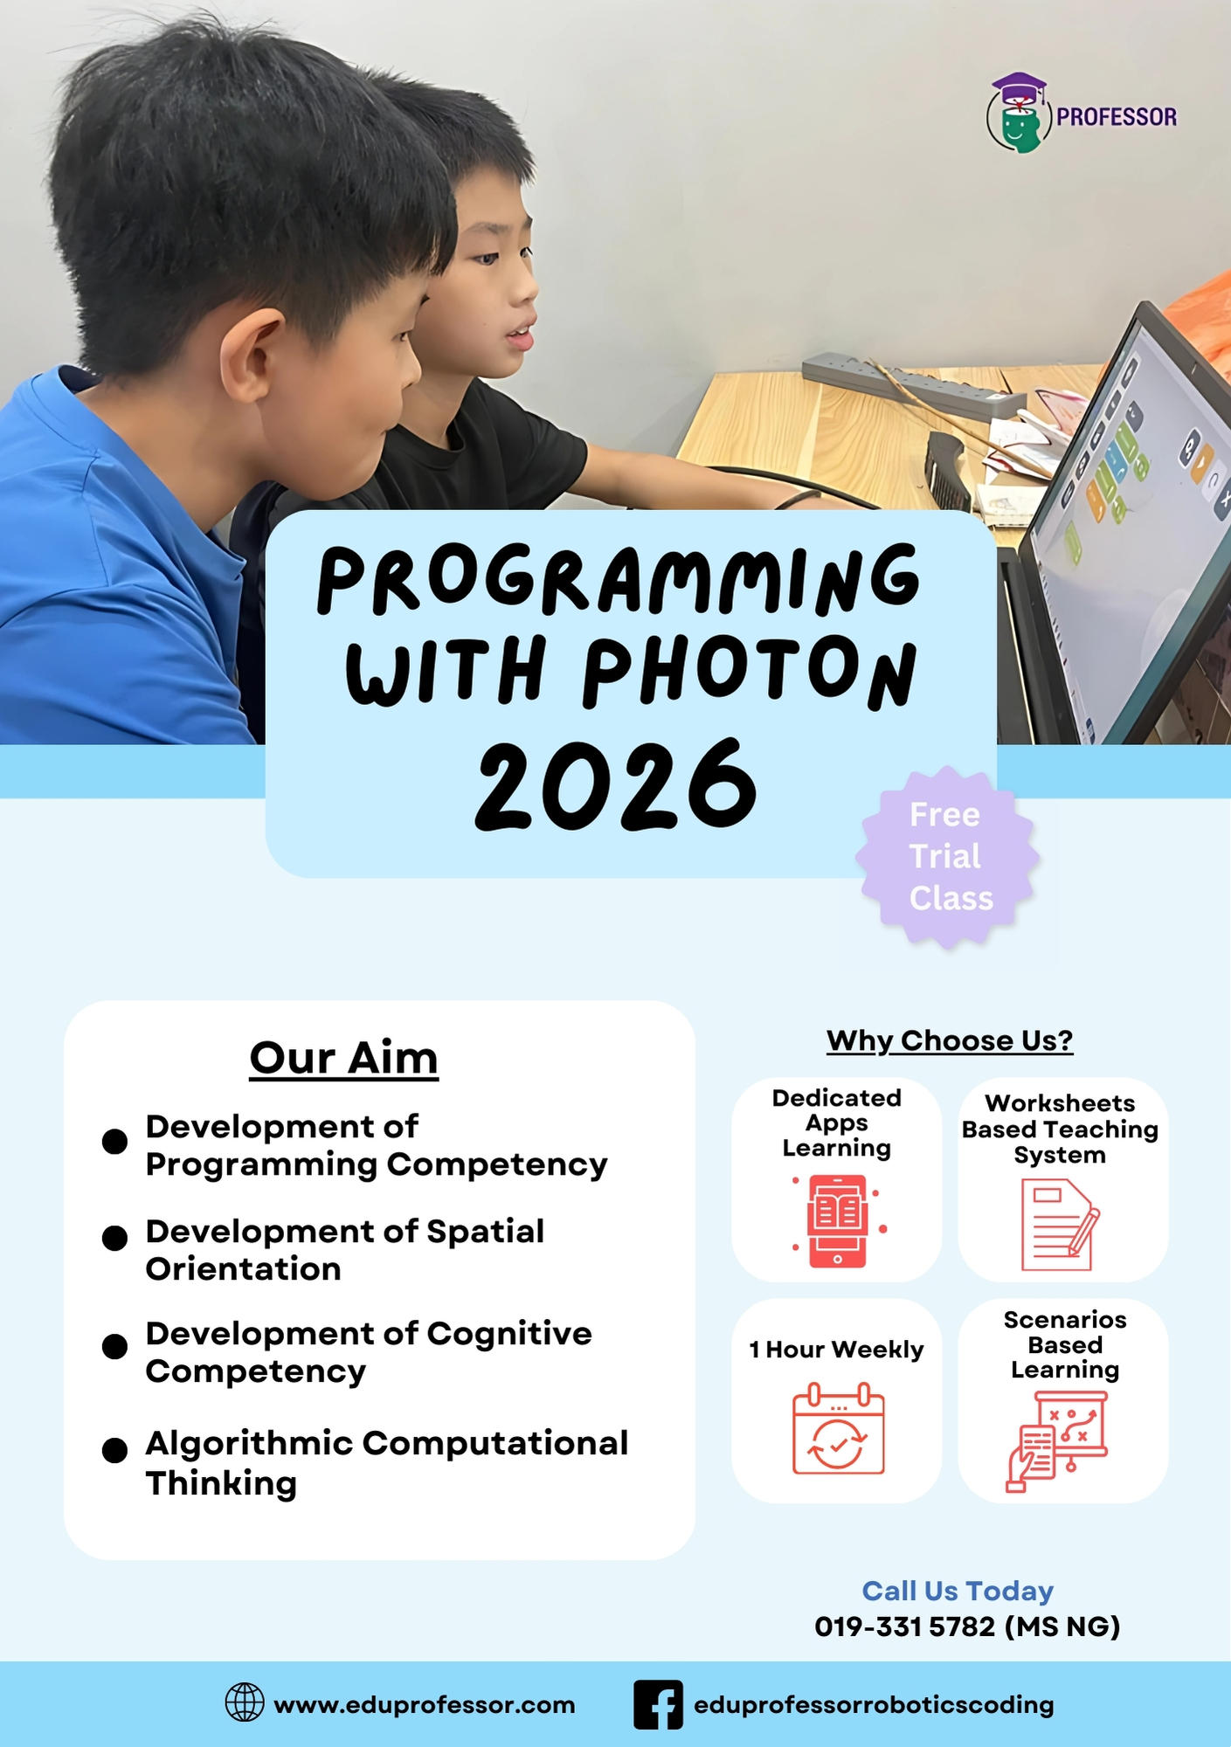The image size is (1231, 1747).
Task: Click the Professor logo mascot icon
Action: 1018,114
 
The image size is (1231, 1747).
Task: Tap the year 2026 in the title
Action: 616,784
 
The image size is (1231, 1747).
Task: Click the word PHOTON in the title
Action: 750,671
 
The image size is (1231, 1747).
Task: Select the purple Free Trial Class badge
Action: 949,857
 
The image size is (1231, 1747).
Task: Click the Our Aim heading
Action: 343,1058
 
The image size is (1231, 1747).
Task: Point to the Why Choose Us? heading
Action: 950,1040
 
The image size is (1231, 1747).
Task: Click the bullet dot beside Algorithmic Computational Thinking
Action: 114,1450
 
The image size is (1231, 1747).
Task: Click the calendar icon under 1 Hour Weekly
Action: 838,1429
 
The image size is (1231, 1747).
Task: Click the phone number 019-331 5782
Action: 905,1626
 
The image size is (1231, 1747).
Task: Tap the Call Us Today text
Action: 958,1591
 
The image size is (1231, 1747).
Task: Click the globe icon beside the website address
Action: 245,1702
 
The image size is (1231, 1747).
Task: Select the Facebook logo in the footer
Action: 658,1704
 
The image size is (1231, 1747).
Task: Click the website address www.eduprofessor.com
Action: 425,1705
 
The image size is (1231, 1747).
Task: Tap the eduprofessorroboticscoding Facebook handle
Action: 874,1705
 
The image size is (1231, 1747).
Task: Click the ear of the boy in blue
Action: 247,358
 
